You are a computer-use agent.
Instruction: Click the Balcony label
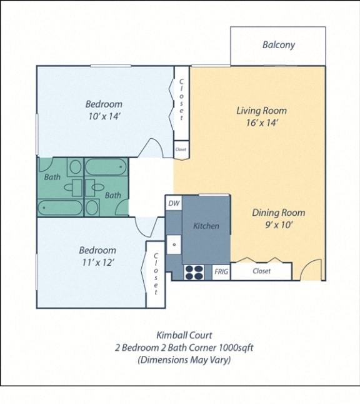(278, 45)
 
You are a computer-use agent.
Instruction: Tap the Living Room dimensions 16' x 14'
(261, 123)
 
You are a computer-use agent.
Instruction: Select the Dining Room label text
(278, 213)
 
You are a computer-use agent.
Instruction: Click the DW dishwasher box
(173, 203)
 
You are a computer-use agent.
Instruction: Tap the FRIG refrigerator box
(221, 271)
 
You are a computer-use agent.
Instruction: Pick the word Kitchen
(206, 226)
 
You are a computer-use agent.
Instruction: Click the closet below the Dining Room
(261, 271)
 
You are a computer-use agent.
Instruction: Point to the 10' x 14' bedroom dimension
(103, 116)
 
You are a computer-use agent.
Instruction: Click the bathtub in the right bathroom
(106, 167)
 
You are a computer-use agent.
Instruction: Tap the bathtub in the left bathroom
(61, 207)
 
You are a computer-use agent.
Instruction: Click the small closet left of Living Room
(181, 149)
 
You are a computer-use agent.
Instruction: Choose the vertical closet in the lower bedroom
(155, 275)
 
